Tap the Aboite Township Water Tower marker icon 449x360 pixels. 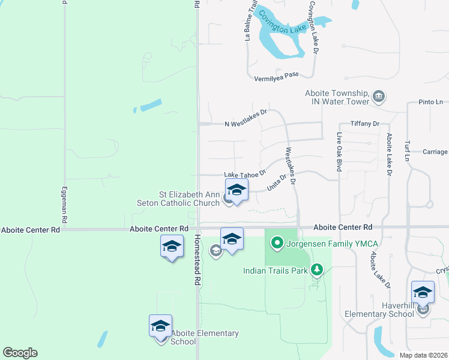click(x=379, y=96)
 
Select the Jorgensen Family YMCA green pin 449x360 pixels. click(x=277, y=243)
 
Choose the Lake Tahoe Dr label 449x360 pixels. click(x=245, y=175)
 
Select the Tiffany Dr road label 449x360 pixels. click(x=366, y=124)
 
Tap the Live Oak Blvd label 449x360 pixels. click(x=339, y=152)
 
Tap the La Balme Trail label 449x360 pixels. click(x=250, y=22)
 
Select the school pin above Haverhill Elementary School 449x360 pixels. click(x=423, y=293)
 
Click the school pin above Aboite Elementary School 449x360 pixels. click(x=160, y=326)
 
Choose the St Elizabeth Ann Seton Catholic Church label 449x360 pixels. click(x=189, y=199)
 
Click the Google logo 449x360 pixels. click(x=20, y=353)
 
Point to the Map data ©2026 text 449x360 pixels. click(x=423, y=355)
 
